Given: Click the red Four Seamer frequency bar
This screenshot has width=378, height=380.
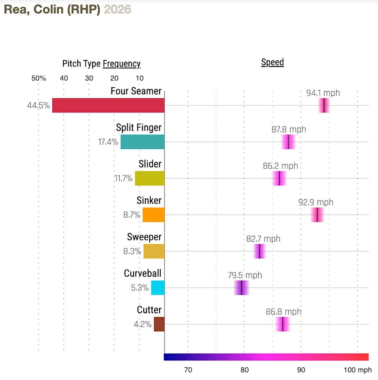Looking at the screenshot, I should click(108, 105).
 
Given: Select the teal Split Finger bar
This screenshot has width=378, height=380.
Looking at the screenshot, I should click(143, 142).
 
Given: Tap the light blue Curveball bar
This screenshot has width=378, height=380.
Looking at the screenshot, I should click(158, 288).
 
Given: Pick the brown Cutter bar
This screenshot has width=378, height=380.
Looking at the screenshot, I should click(159, 324).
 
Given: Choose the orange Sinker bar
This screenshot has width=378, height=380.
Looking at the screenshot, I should click(154, 215).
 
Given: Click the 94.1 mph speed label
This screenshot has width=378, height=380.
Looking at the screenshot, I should click(323, 93).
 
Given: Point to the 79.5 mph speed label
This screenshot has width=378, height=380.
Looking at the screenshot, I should click(245, 275).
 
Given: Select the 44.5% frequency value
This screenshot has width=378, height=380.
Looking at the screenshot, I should click(38, 106).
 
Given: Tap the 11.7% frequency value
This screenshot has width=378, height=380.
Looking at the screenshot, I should click(123, 178).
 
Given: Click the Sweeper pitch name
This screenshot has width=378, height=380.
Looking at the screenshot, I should click(144, 237).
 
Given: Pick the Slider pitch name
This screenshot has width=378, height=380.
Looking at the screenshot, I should click(150, 164).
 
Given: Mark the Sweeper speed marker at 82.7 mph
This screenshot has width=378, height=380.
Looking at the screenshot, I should click(259, 251).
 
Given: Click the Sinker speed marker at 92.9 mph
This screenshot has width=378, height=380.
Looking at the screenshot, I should click(317, 215).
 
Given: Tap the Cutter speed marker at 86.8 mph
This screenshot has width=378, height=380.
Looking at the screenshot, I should click(283, 324).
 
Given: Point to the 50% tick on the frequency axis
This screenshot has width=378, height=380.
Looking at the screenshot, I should click(39, 78).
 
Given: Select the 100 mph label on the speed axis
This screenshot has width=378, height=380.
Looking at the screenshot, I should click(358, 370).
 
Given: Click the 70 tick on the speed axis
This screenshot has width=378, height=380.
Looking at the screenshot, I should click(188, 370).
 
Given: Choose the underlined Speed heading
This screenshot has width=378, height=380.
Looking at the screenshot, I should click(272, 62).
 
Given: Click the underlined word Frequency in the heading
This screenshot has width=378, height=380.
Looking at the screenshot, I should click(122, 64).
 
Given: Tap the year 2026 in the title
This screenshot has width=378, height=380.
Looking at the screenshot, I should click(117, 9).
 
